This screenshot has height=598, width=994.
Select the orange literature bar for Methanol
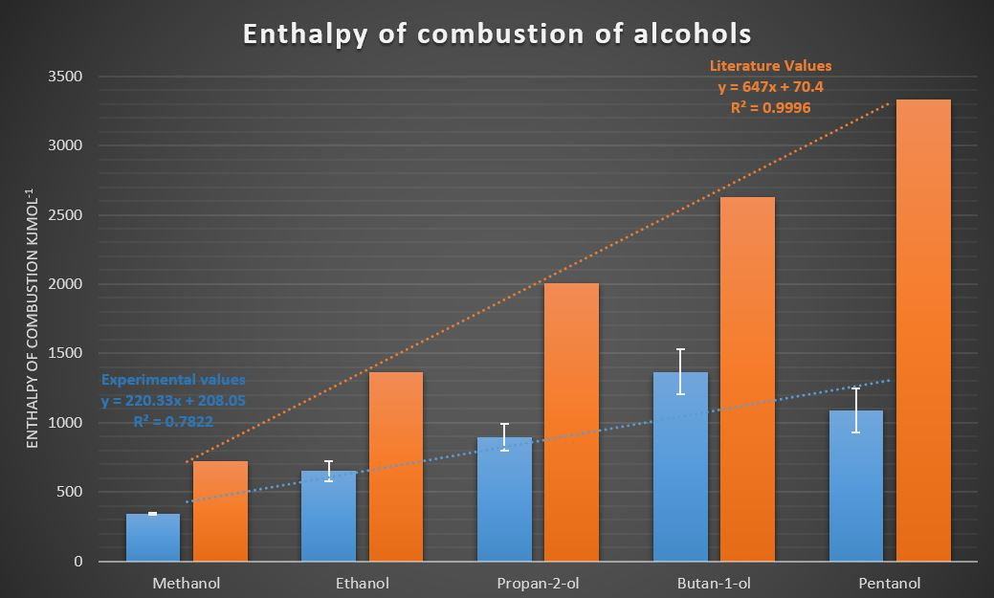click(x=220, y=512)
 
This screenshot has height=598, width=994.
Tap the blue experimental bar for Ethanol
click(x=328, y=517)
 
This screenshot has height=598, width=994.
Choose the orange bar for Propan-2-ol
click(x=571, y=422)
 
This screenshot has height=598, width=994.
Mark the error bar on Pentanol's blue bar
click(x=855, y=410)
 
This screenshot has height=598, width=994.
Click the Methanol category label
click(x=187, y=584)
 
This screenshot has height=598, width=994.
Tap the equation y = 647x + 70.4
click(x=770, y=87)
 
